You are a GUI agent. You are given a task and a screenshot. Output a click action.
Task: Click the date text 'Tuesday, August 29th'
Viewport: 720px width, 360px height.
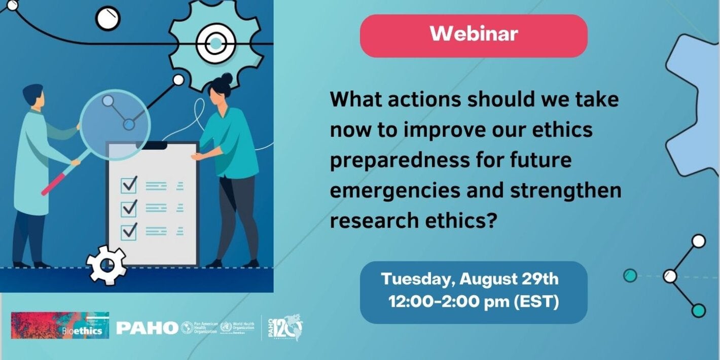(x=470, y=279)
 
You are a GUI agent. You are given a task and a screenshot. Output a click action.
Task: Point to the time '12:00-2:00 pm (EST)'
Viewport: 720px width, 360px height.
(x=474, y=302)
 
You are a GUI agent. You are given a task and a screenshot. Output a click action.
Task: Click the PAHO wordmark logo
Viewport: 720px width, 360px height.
(x=147, y=328)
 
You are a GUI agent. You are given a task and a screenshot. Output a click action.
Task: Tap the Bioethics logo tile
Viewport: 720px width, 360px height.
(x=60, y=326)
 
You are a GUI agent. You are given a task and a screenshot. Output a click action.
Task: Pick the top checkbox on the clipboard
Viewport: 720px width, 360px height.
(x=129, y=185)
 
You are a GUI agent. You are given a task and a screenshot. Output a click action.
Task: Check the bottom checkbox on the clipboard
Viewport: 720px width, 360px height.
(x=129, y=231)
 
